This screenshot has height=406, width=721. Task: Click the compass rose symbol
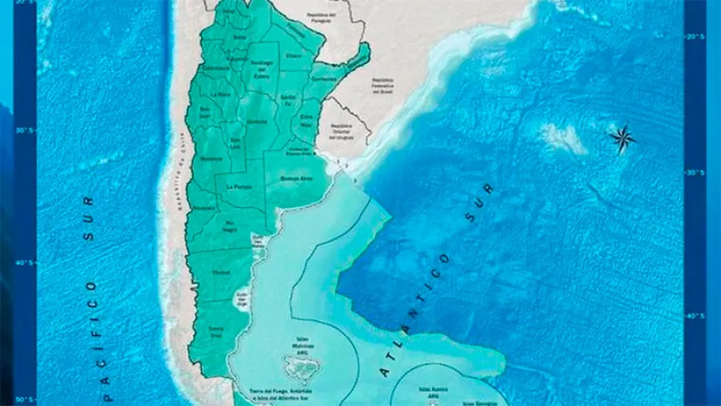[x=622, y=139]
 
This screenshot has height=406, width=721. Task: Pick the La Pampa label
[x=238, y=186]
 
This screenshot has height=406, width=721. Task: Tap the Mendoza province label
[x=211, y=159]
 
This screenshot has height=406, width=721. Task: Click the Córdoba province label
[x=257, y=123]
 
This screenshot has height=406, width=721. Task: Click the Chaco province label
[x=293, y=56]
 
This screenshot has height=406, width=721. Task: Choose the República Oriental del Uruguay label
[x=342, y=129]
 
